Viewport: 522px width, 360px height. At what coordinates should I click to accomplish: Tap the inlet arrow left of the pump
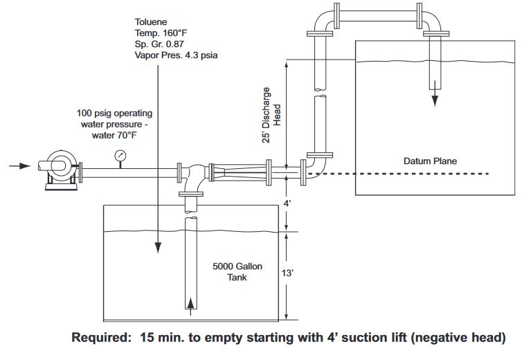click(20, 166)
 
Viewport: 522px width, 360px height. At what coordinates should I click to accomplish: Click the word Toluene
click(150, 21)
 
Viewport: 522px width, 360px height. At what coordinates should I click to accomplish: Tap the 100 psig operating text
click(115, 113)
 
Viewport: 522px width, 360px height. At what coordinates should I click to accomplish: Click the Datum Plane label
click(430, 161)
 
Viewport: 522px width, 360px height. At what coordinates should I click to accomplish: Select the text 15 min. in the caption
click(167, 339)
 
